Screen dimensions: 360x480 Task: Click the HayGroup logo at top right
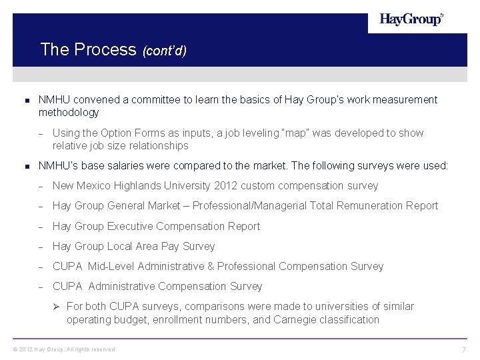(x=411, y=20)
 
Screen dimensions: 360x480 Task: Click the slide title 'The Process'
(x=88, y=49)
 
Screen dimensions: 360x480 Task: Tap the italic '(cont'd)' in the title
(x=164, y=51)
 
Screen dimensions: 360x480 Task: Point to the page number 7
(x=463, y=350)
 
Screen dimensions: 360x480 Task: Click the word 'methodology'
(x=69, y=113)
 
